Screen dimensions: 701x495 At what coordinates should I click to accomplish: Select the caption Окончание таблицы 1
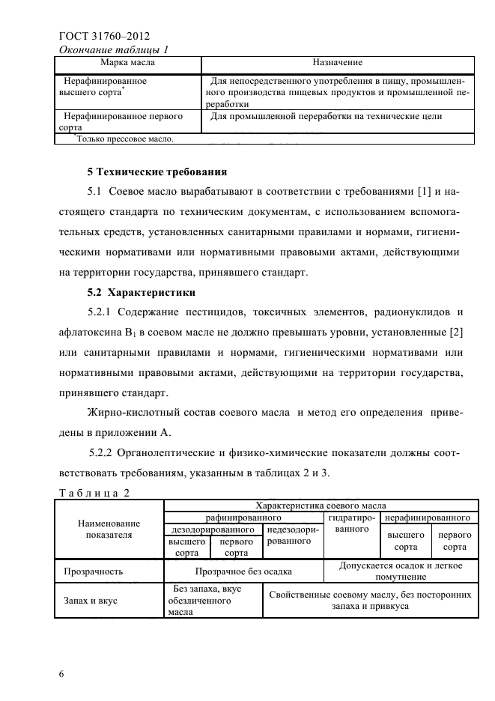(112, 49)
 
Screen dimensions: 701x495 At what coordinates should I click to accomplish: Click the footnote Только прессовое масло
(125, 139)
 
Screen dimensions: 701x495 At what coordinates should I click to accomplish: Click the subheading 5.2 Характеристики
(141, 290)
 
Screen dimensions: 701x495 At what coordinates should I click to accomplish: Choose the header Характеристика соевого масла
(321, 506)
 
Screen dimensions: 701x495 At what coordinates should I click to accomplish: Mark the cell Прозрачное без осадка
(243, 571)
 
